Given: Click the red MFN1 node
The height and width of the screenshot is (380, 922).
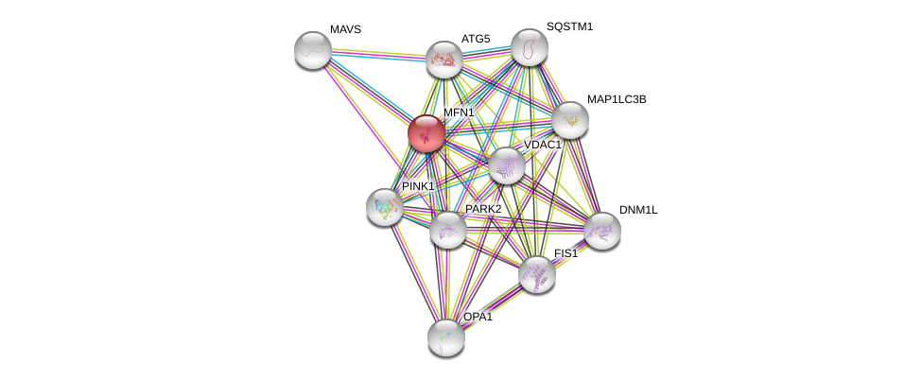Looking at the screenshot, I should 426,133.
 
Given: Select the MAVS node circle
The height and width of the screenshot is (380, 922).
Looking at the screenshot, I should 312,50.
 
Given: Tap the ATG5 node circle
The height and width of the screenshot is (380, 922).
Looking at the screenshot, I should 444,60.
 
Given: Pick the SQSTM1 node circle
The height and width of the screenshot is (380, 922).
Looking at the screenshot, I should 529,47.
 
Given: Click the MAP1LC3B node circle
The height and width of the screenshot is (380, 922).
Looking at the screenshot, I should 570,120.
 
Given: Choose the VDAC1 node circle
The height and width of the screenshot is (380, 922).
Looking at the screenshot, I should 507,166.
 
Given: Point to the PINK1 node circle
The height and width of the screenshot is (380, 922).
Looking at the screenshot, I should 385,207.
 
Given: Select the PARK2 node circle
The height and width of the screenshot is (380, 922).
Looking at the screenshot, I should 447,230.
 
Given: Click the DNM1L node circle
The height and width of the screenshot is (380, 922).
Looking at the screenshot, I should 601,231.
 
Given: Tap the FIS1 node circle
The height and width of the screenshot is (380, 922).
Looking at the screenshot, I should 536,274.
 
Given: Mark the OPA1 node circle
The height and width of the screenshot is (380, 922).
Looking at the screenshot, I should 445,337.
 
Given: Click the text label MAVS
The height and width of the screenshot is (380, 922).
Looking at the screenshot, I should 345,29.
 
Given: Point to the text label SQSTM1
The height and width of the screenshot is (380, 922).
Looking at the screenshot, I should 569,26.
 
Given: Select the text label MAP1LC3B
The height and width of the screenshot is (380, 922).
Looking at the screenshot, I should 616,99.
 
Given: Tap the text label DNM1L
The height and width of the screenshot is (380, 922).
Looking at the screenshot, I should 637,210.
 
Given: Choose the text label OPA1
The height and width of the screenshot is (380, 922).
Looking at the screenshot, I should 478,317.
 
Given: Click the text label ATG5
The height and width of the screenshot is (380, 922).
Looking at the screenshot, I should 476,39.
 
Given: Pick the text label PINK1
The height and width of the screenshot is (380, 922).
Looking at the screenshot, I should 418,186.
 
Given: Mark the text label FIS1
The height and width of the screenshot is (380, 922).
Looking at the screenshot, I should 565,253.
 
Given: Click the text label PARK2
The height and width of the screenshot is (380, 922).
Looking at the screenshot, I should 482,209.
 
